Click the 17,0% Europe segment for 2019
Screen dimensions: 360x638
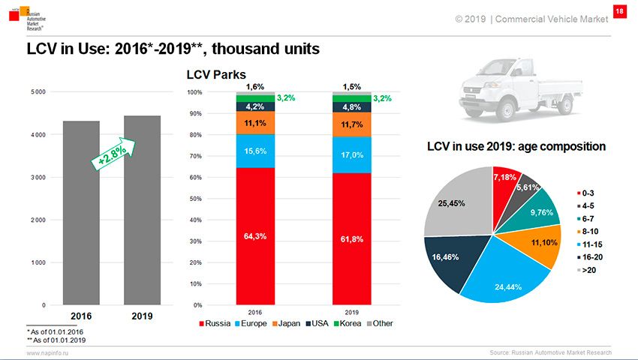[351, 154]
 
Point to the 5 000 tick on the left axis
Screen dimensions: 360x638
[37, 92]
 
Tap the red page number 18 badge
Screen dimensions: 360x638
[619, 11]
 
